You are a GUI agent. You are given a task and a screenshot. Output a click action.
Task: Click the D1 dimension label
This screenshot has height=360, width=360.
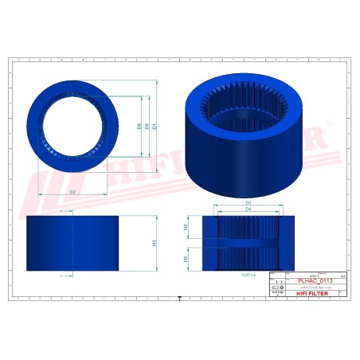[x=155, y=126]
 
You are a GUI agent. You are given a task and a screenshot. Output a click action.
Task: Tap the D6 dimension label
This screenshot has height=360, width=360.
[x=139, y=126]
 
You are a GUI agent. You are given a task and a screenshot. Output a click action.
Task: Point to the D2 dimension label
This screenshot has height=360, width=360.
[x=72, y=192]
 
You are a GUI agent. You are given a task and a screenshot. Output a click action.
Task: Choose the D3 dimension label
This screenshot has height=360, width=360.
[x=248, y=203]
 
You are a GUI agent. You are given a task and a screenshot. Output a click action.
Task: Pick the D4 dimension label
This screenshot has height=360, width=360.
[x=248, y=210]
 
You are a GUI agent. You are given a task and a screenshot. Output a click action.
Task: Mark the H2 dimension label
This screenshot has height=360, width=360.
[x=186, y=227]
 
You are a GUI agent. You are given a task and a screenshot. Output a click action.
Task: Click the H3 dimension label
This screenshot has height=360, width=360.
[x=186, y=259]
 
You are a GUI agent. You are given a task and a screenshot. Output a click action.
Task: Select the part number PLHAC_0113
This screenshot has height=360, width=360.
[x=315, y=281]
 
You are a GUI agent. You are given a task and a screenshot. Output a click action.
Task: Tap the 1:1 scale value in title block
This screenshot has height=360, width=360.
[x=277, y=282]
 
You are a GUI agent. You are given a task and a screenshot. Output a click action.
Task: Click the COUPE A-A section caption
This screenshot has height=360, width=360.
[x=248, y=274]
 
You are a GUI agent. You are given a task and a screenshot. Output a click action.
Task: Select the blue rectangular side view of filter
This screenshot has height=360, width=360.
[x=72, y=243]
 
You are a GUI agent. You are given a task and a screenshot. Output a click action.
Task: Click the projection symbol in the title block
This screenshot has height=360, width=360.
[x=277, y=288]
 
